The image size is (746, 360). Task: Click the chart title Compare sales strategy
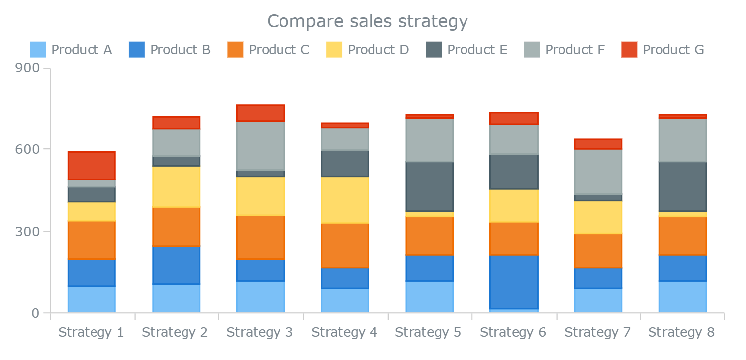click(368, 22)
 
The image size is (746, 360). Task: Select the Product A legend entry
click(71, 50)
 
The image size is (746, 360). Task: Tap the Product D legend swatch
click(334, 50)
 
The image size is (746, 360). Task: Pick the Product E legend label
click(477, 50)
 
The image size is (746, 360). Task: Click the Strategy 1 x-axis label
click(91, 332)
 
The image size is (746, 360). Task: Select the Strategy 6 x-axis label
click(513, 332)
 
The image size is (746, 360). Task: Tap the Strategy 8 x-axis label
click(681, 332)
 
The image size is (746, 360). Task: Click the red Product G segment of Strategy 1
click(92, 166)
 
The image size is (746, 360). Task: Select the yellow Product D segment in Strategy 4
click(345, 200)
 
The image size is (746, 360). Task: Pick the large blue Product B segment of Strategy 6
click(514, 281)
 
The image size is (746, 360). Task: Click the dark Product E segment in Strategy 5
click(429, 186)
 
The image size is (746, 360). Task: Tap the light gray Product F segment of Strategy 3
click(260, 146)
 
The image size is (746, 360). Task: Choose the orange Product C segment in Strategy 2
click(176, 227)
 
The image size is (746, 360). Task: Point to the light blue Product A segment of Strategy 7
click(598, 300)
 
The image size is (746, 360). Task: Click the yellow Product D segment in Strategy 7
click(598, 217)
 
